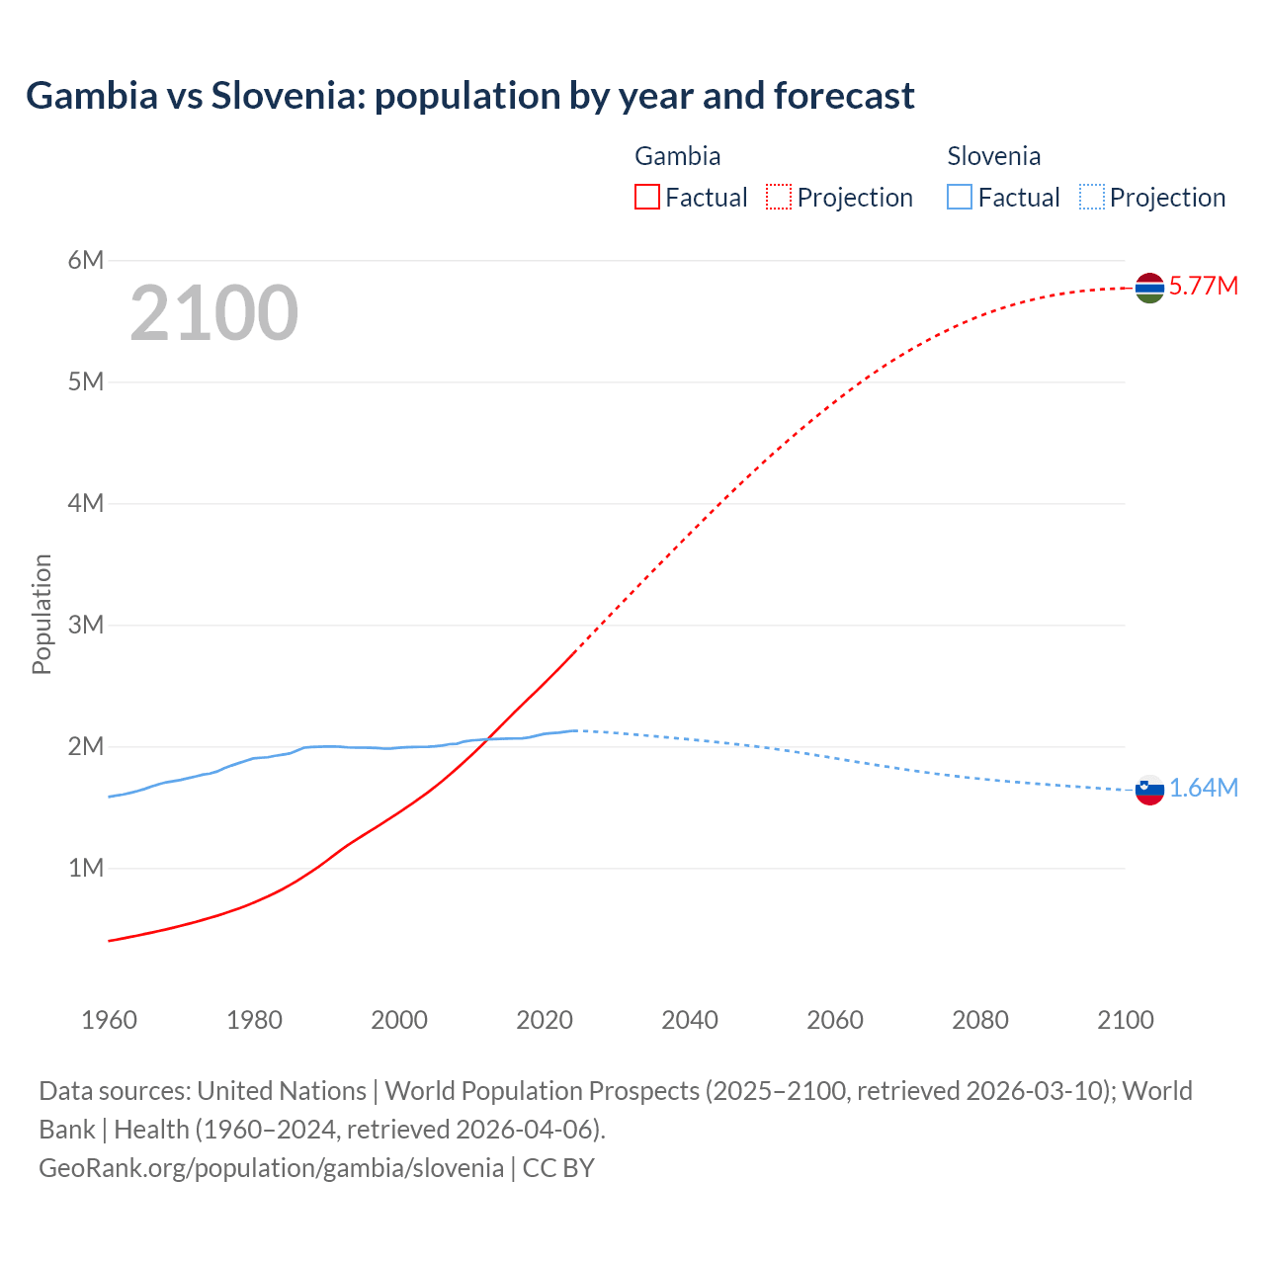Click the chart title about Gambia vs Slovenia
[x=470, y=96]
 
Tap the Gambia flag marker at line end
[x=1149, y=288]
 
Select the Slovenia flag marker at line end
[x=1149, y=790]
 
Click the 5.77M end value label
[x=1203, y=287]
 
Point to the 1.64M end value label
[x=1203, y=789]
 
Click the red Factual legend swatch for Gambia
[x=646, y=198]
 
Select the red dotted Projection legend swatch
[x=779, y=198]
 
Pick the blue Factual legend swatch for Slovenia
[x=960, y=198]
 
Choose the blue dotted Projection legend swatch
[x=1091, y=198]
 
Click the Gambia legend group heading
[x=677, y=156]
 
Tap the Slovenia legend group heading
[x=993, y=156]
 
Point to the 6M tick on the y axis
[x=86, y=260]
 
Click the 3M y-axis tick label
[x=86, y=625]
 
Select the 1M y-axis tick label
[x=86, y=868]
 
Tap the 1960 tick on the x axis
[x=109, y=1020]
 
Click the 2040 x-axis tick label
[x=690, y=1020]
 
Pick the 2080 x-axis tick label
[x=980, y=1020]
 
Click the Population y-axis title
[x=42, y=614]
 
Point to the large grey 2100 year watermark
[x=213, y=313]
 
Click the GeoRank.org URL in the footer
[x=271, y=1168]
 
